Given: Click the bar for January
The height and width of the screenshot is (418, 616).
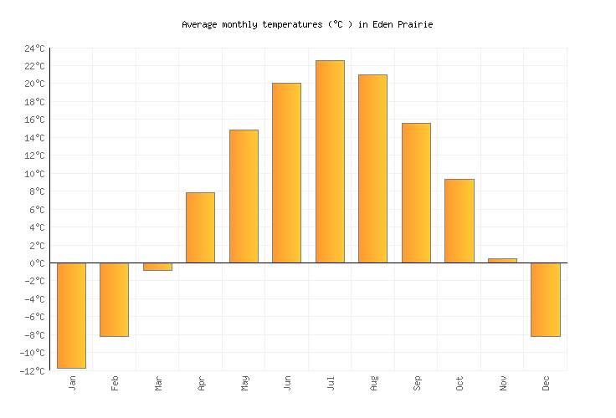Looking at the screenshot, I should click(x=71, y=315).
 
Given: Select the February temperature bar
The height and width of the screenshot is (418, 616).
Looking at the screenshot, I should click(x=114, y=299).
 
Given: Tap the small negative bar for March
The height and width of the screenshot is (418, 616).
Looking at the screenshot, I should click(x=157, y=267).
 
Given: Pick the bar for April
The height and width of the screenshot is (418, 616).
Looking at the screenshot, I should click(x=200, y=227).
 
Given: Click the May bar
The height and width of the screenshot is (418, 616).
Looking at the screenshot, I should click(x=244, y=196).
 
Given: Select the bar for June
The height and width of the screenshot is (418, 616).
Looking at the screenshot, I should click(x=286, y=173).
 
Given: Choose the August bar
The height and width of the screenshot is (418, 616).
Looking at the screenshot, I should click(x=372, y=169).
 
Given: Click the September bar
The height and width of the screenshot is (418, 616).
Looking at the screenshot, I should click(x=416, y=193).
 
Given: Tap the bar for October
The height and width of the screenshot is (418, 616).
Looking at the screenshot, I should click(x=459, y=221).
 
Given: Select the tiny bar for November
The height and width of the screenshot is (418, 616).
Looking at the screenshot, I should click(x=502, y=261).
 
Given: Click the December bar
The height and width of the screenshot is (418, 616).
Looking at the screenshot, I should click(x=545, y=299).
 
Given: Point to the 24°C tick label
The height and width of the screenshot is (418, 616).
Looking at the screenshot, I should click(x=35, y=48).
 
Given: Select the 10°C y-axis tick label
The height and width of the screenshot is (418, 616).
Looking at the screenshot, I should click(x=35, y=174).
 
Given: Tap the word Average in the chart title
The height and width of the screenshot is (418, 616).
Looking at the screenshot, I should click(x=201, y=25).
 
